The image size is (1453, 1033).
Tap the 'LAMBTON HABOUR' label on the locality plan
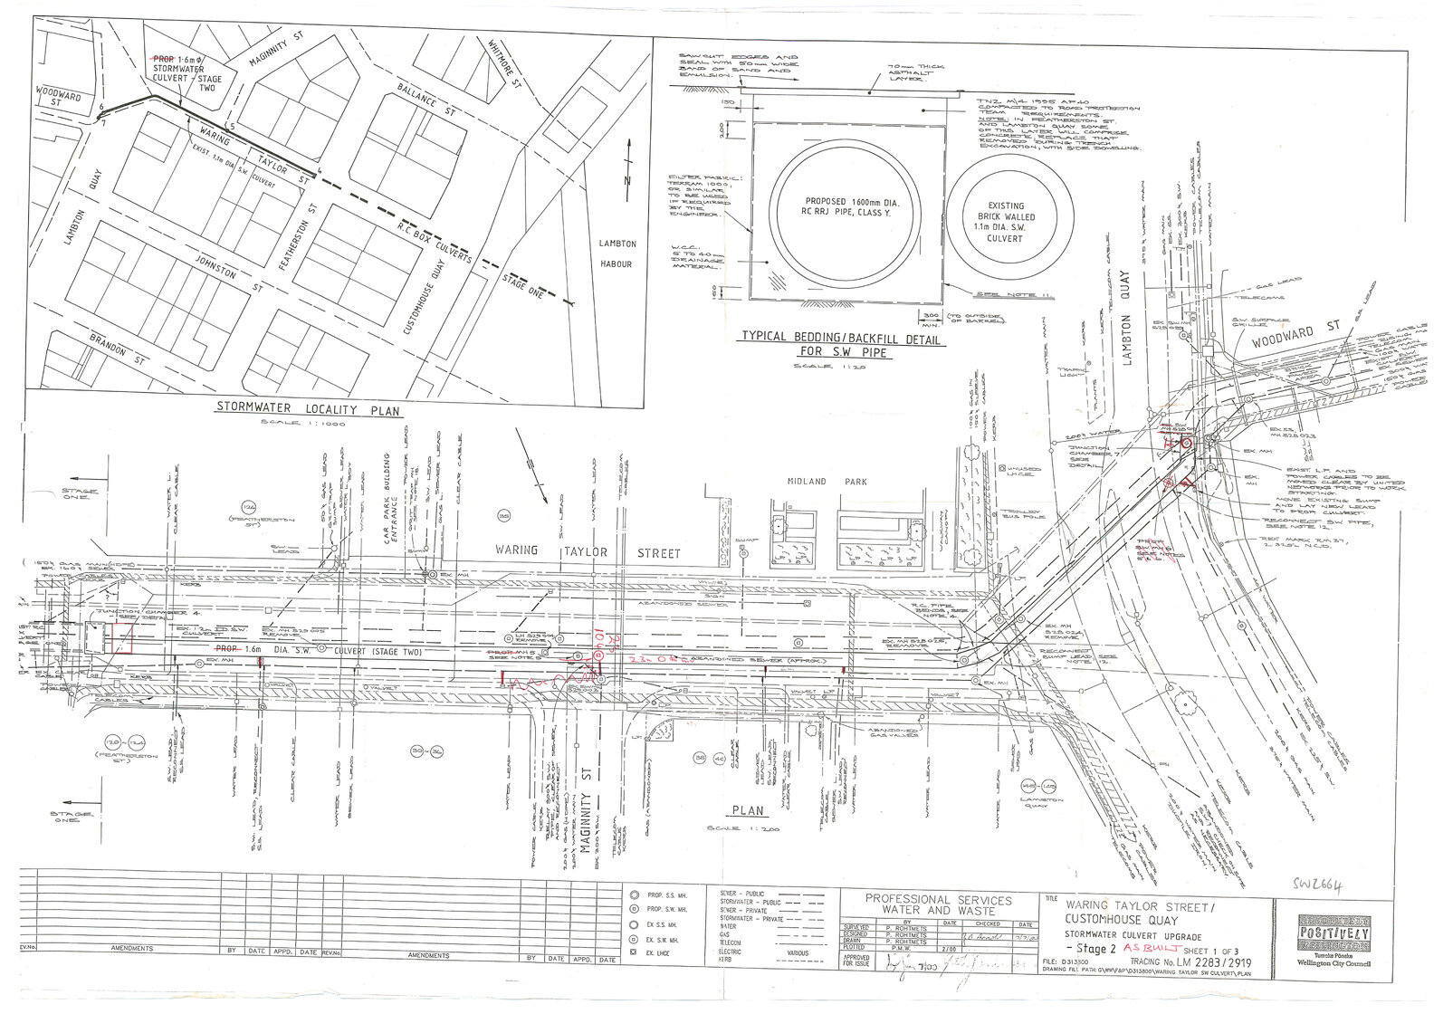pyautogui.click(x=617, y=253)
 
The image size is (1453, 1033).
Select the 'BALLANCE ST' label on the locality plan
pyautogui.click(x=428, y=99)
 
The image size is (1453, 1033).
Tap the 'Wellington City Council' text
pyautogui.click(x=1334, y=964)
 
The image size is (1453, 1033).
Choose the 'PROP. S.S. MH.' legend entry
pyautogui.click(x=666, y=894)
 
